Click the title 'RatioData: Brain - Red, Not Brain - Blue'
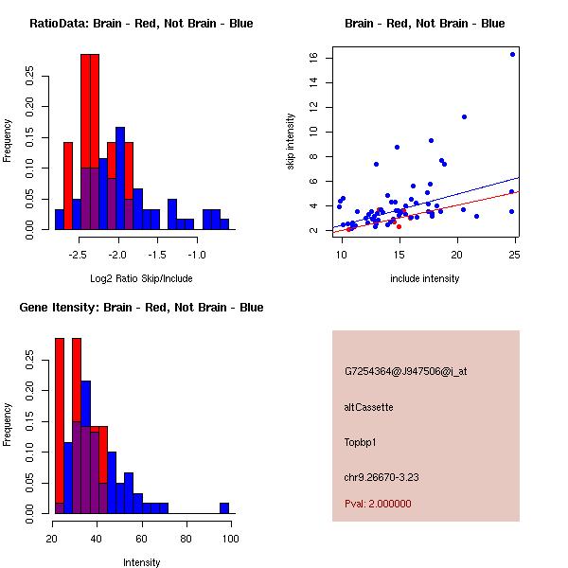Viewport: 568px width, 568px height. [141, 24]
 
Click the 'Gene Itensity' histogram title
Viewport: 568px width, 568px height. [141, 308]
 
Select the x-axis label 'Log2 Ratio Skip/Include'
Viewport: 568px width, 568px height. [141, 278]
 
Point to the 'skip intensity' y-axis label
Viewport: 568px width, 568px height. [291, 142]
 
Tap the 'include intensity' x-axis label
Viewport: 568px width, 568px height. [425, 278]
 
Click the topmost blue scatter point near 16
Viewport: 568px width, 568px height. [512, 54]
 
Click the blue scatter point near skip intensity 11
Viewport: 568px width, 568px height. [464, 116]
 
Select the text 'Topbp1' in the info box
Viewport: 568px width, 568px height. [361, 441]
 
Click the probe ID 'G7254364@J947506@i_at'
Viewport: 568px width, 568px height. [405, 372]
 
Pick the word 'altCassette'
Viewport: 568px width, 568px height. [368, 407]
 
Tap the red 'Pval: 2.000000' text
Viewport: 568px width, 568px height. [378, 504]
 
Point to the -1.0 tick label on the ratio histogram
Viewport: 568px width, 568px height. [196, 256]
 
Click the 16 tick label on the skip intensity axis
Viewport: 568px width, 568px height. [311, 58]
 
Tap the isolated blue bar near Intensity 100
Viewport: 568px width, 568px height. [224, 507]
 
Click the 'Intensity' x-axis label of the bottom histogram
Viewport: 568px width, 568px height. [141, 562]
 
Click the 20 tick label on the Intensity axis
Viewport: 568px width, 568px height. [50, 540]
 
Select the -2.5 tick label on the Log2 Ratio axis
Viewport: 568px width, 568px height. [78, 256]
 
